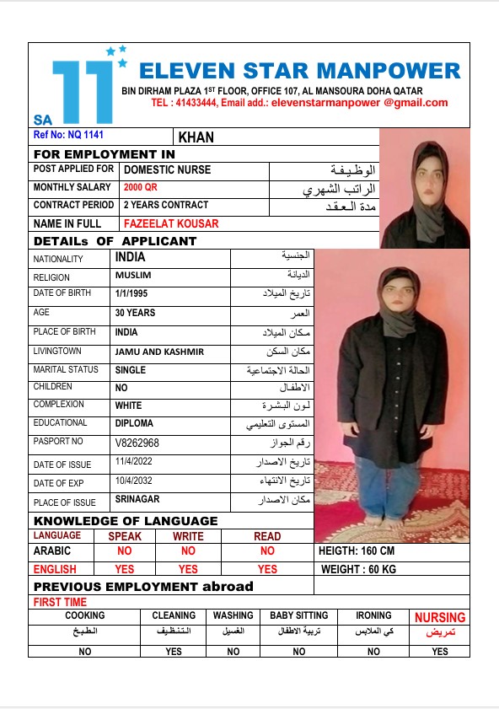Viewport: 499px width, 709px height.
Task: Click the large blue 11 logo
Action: [82, 90]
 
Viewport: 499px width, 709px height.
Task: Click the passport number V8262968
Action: [137, 443]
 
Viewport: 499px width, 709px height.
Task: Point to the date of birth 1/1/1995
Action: [131, 294]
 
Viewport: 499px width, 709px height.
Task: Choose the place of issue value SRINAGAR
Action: [137, 500]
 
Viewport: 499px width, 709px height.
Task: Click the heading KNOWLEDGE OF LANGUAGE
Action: [126, 521]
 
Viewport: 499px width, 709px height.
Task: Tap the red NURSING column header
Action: [439, 617]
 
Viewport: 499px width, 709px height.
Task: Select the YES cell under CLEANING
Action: [174, 652]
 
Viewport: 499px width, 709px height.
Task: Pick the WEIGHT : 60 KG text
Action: [359, 570]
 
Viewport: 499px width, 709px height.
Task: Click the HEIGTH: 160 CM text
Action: [357, 551]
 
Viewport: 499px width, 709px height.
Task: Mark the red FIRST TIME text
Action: [60, 603]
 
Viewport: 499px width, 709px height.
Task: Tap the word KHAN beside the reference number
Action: [196, 137]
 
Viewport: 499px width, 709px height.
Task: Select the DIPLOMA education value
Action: [134, 423]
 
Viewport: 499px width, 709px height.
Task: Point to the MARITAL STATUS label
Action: [66, 370]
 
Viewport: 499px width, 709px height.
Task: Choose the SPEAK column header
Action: [125, 536]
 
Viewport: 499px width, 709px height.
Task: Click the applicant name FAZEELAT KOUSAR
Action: [171, 224]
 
